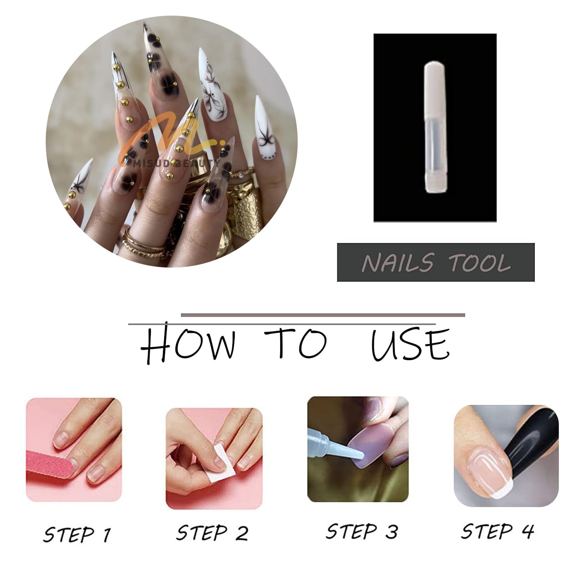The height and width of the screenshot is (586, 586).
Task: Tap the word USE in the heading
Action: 410,344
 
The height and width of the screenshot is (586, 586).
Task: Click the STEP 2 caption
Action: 212,533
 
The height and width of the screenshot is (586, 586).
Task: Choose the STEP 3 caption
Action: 362,531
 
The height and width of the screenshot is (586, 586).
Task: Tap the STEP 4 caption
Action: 497,531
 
